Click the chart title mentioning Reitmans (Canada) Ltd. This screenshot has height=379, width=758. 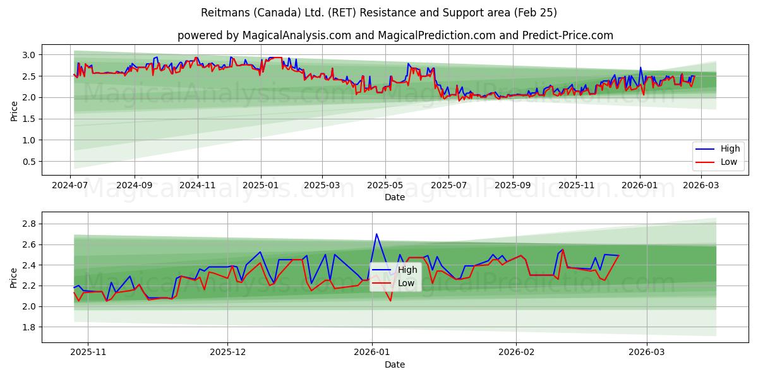pyautogui.click(x=378, y=13)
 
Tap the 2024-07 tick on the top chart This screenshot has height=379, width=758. pyautogui.click(x=70, y=186)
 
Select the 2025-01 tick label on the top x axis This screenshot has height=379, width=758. pyautogui.click(x=260, y=186)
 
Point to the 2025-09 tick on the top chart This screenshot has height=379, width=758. pyautogui.click(x=512, y=186)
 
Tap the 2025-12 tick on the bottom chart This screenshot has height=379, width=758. pyautogui.click(x=227, y=352)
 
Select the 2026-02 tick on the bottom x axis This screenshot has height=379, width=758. pyautogui.click(x=516, y=352)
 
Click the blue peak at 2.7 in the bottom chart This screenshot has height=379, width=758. pyautogui.click(x=376, y=234)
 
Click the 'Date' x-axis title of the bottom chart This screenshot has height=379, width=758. pyautogui.click(x=394, y=364)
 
